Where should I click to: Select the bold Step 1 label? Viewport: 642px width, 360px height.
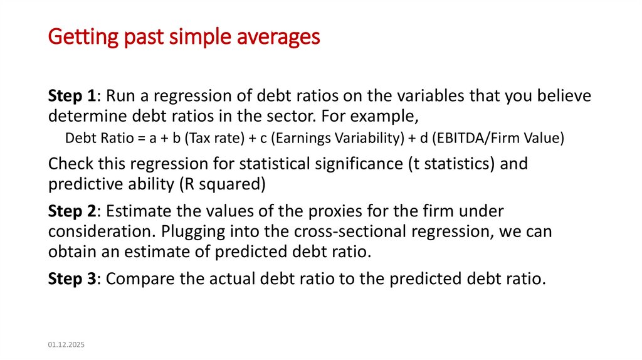[72, 96]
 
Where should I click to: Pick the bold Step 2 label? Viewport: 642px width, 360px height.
[72, 211]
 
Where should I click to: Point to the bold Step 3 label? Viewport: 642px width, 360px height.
[72, 278]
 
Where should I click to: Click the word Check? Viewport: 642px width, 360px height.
[70, 164]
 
